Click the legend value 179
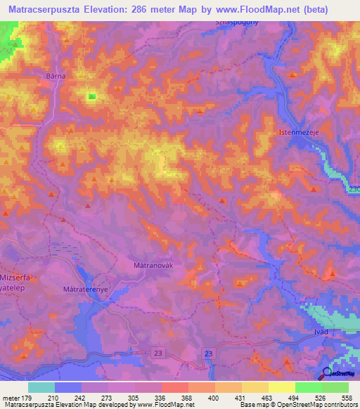27,397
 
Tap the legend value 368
188,397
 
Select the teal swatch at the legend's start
41,387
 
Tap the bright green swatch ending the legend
335,387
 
